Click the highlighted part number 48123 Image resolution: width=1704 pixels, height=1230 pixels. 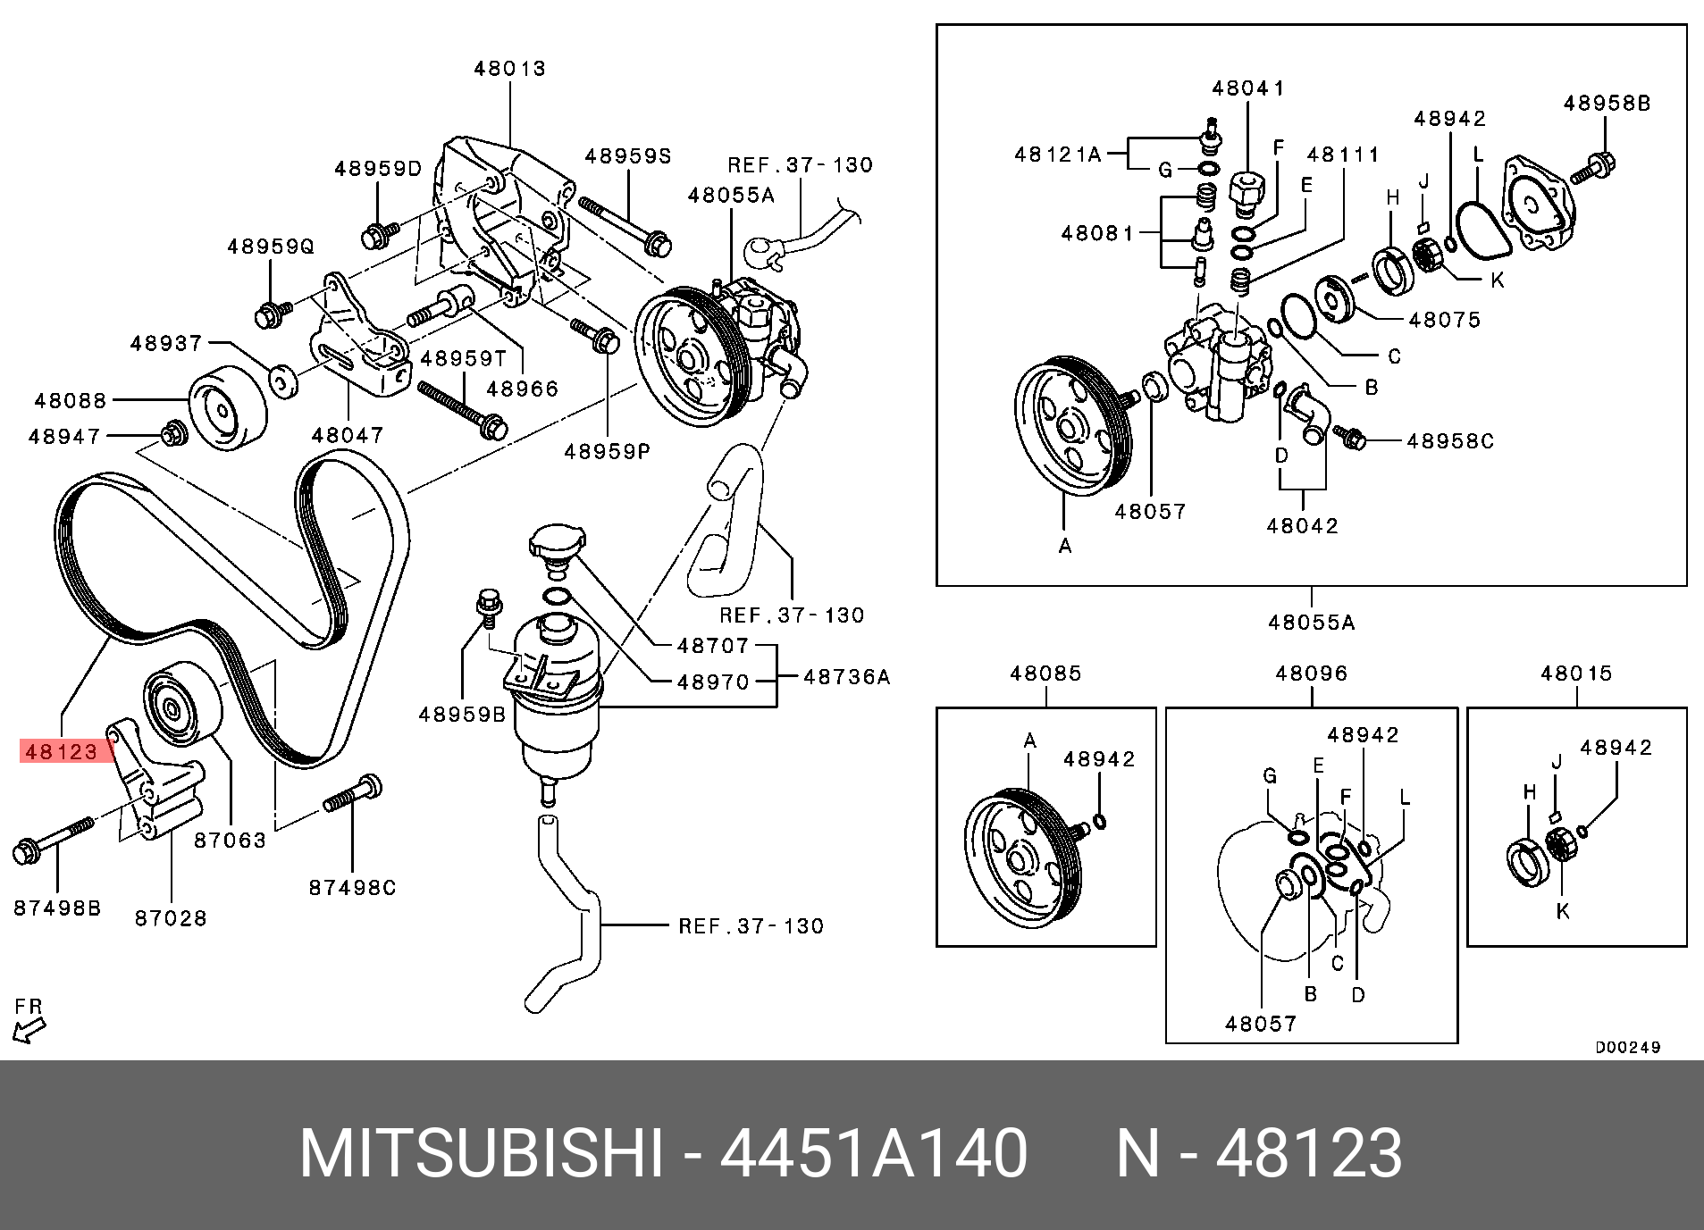click(62, 751)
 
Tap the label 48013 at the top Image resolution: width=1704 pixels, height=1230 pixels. click(509, 69)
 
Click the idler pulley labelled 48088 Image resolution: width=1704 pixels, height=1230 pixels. click(228, 407)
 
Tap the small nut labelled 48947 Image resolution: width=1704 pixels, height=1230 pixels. click(172, 434)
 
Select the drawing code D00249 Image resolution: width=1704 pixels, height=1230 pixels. click(1628, 1048)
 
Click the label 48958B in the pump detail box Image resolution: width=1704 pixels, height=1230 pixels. click(1607, 104)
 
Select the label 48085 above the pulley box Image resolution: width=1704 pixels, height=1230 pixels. click(1045, 674)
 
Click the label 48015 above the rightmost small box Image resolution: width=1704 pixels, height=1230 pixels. click(1576, 674)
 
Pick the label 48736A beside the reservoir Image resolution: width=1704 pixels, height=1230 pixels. click(846, 677)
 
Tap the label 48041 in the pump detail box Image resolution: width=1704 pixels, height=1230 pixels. click(1248, 88)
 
